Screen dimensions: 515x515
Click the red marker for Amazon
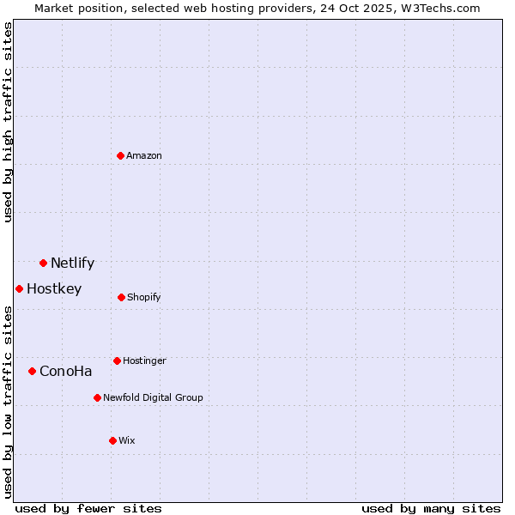click(x=120, y=155)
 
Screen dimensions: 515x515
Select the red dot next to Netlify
click(x=43, y=263)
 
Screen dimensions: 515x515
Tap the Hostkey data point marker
click(x=19, y=288)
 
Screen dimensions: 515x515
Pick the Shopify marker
click(x=121, y=297)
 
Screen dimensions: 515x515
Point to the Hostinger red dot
click(x=117, y=360)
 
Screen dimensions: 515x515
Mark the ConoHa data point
click(x=32, y=371)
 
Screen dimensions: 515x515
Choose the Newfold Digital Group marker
click(x=97, y=397)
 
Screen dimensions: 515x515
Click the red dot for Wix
click(x=112, y=440)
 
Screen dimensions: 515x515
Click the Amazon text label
click(x=144, y=156)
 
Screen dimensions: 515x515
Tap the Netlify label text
click(x=72, y=264)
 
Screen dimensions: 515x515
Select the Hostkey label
click(x=54, y=289)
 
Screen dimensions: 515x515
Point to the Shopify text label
click(x=144, y=298)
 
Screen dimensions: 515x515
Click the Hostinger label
click(x=144, y=361)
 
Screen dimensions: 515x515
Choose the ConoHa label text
click(x=65, y=372)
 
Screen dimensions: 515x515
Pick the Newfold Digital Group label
click(x=153, y=398)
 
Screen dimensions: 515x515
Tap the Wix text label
click(x=127, y=441)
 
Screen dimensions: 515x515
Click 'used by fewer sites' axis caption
click(x=88, y=508)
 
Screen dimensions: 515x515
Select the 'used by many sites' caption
click(x=431, y=508)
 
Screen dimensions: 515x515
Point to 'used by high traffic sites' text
click(x=8, y=122)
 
